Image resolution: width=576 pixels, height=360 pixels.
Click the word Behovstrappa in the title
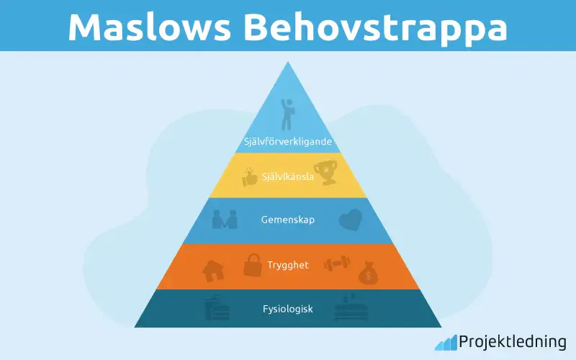[374, 27]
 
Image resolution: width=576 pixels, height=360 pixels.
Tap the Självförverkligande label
[287, 142]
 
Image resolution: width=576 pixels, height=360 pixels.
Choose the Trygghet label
[287, 265]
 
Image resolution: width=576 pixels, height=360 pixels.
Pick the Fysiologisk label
[287, 310]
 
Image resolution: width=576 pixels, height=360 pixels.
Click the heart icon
[351, 219]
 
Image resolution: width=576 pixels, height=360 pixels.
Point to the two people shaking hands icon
[225, 219]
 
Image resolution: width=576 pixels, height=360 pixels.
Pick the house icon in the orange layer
[213, 270]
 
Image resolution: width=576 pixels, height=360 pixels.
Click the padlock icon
[252, 265]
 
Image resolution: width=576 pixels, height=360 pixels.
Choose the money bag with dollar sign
[368, 272]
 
